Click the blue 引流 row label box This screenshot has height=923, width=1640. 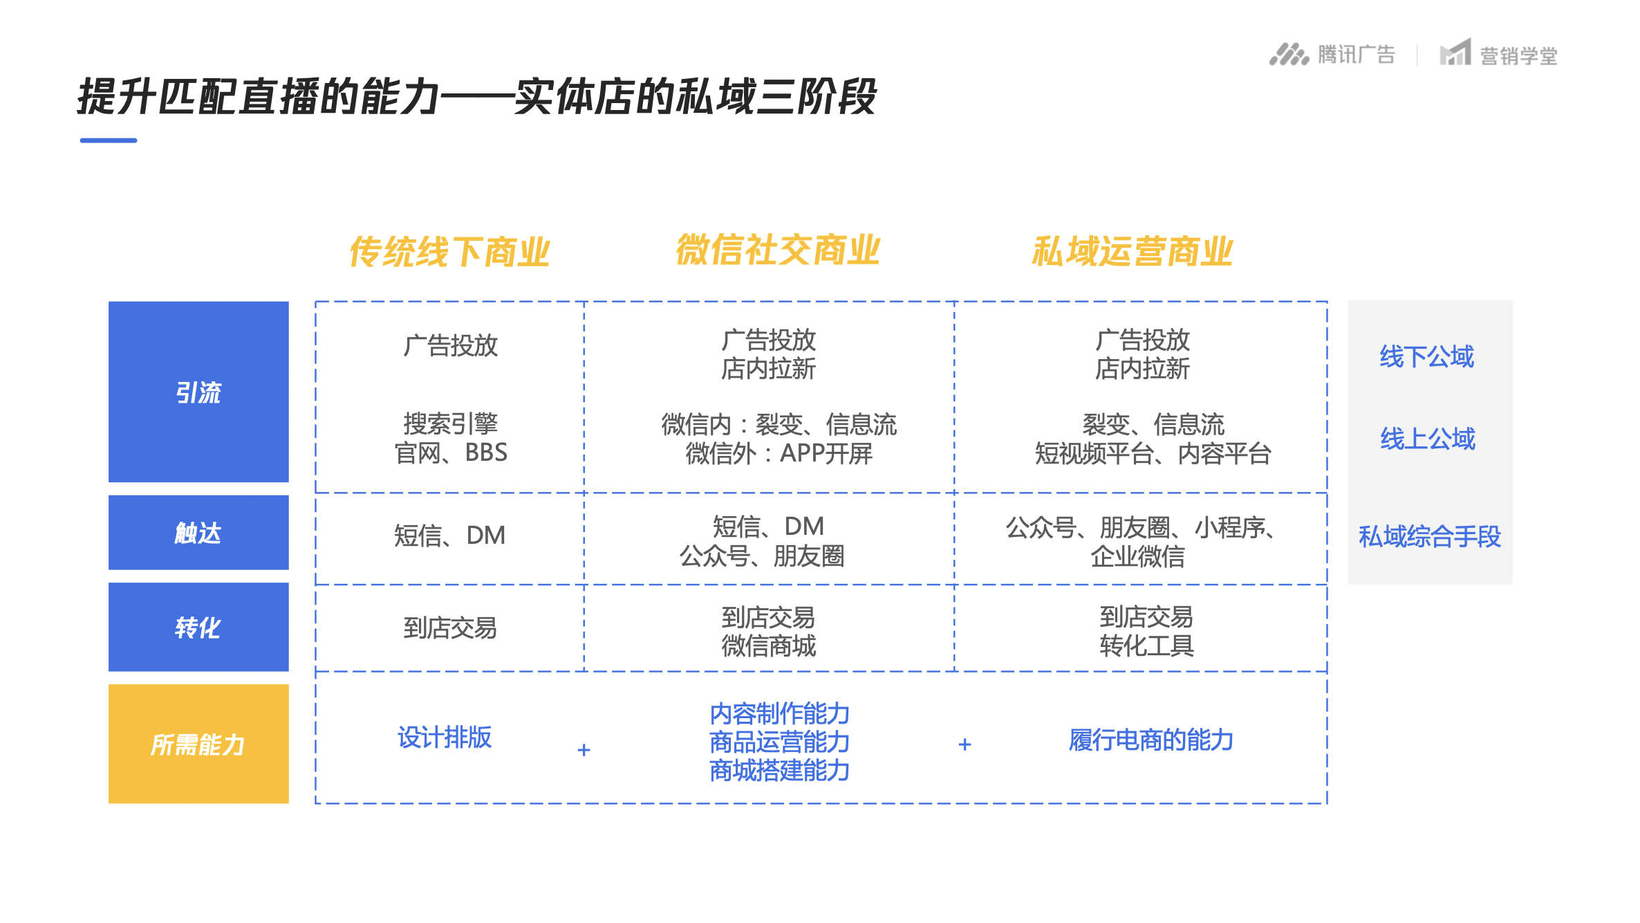(198, 392)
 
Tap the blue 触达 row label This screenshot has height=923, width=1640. (198, 532)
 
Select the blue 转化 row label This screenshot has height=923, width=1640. (198, 627)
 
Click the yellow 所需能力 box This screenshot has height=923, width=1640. (198, 744)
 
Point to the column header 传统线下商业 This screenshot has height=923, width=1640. (449, 251)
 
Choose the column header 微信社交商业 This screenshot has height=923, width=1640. (778, 250)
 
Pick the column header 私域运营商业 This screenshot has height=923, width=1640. (1133, 251)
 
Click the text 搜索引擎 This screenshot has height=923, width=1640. (451, 423)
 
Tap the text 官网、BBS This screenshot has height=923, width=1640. (451, 453)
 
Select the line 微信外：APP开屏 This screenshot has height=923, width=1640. (779, 454)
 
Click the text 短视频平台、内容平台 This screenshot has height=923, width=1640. (1153, 454)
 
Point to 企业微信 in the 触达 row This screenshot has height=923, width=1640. (1138, 556)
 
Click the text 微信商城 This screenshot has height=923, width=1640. (769, 646)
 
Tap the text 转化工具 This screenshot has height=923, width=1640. (1147, 646)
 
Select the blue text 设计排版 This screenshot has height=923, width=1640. (445, 738)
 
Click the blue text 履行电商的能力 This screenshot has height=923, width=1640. (1151, 740)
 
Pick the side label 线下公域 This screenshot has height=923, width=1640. (1427, 357)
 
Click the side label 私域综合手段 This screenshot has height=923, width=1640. (1430, 536)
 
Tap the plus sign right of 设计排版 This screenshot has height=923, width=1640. (584, 750)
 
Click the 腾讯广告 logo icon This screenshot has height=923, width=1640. (1289, 54)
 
